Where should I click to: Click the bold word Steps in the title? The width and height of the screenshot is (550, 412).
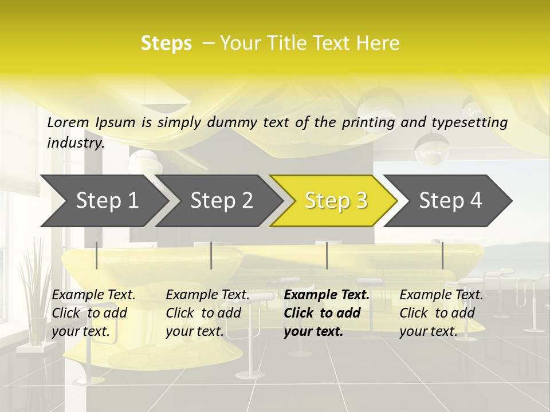pyautogui.click(x=166, y=43)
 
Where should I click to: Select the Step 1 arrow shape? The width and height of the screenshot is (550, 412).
pyautogui.click(x=105, y=200)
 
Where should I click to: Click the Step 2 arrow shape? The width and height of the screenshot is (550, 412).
pyautogui.click(x=221, y=200)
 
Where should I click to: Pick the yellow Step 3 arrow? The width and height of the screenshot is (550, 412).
pyautogui.click(x=335, y=200)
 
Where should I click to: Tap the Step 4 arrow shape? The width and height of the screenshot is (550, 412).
pyautogui.click(x=450, y=200)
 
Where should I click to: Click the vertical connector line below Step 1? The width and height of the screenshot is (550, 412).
pyautogui.click(x=97, y=255)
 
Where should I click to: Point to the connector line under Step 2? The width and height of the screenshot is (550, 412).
pyautogui.click(x=211, y=255)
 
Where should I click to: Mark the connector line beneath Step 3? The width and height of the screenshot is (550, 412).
pyautogui.click(x=327, y=255)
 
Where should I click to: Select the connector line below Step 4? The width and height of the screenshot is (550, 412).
pyautogui.click(x=442, y=255)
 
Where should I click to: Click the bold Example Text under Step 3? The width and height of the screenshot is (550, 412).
pyautogui.click(x=327, y=312)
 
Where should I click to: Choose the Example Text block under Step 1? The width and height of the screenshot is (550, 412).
pyautogui.click(x=93, y=312)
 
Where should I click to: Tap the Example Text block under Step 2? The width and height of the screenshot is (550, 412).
pyautogui.click(x=207, y=312)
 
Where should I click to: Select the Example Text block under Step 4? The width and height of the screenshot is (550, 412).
pyautogui.click(x=441, y=312)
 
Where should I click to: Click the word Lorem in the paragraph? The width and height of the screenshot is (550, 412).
pyautogui.click(x=68, y=122)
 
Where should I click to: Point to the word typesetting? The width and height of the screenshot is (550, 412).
pyautogui.click(x=470, y=122)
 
